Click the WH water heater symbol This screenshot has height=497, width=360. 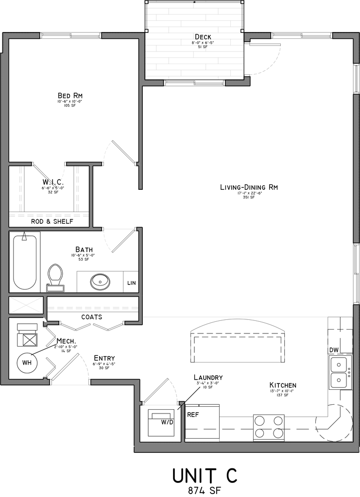(x=27, y=363)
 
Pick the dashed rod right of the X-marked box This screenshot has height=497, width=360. (x=92, y=308)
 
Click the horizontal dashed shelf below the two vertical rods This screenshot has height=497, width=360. (x=49, y=215)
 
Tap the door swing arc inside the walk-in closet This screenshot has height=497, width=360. (x=61, y=176)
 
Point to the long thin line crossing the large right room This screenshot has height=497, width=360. (x=235, y=317)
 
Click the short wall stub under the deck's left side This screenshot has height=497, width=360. (x=153, y=83)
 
